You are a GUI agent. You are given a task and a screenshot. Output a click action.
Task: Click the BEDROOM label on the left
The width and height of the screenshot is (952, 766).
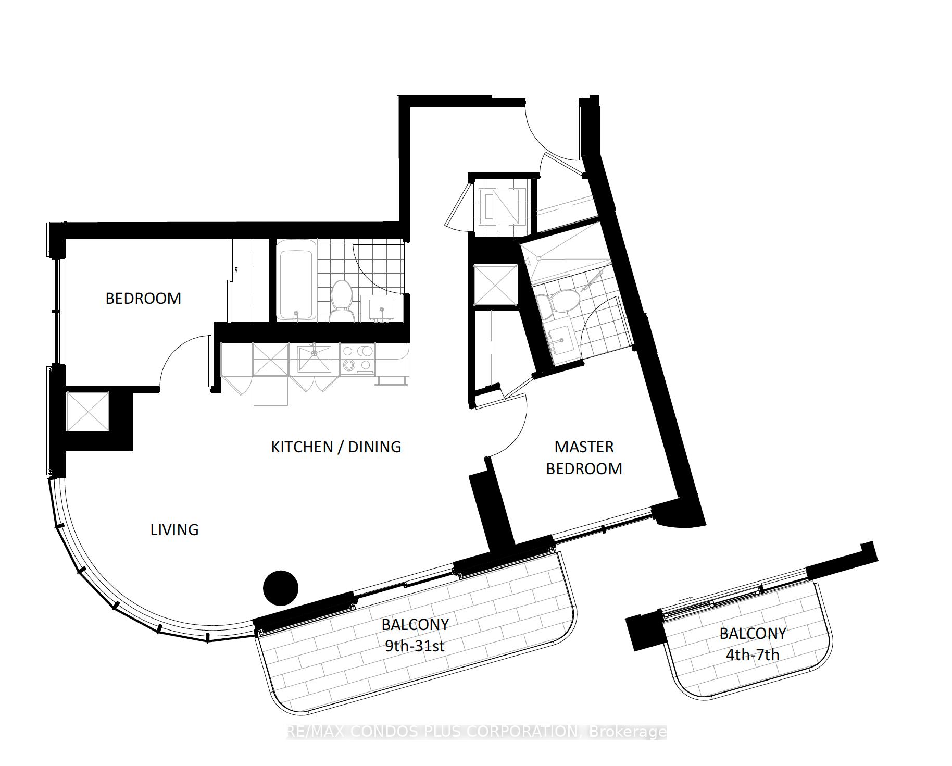[x=143, y=298]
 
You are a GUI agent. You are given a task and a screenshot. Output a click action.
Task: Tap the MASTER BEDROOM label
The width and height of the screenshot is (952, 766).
[x=584, y=458]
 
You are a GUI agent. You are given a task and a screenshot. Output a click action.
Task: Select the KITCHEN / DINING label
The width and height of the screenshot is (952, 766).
[x=336, y=447]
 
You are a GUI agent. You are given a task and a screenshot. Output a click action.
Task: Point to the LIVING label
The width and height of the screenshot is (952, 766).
[x=174, y=529]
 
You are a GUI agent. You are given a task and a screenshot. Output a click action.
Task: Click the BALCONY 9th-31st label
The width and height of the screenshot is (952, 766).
[x=415, y=635]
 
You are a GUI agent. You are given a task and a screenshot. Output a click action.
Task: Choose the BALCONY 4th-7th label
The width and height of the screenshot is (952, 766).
[x=753, y=644]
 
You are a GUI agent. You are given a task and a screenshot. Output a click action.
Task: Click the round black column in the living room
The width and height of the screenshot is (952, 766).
[x=281, y=588]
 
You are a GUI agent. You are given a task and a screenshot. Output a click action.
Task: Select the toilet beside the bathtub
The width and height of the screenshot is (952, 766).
[x=342, y=301]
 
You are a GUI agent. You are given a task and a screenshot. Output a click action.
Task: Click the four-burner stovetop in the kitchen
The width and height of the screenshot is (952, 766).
[x=358, y=358]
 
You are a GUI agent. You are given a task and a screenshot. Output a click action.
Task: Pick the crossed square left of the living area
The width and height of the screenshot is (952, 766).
[x=87, y=411]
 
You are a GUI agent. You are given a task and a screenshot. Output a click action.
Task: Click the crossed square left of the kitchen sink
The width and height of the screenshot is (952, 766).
[x=270, y=359]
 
